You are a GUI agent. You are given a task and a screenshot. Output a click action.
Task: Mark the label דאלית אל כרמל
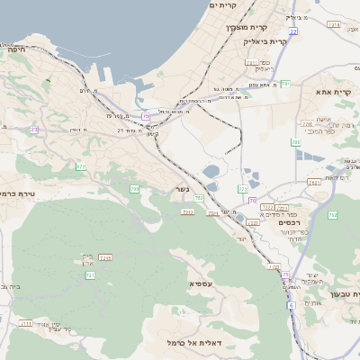click(x=193, y=342)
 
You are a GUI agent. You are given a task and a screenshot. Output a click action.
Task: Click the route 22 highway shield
click(x=293, y=31)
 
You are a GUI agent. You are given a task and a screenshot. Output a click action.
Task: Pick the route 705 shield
click(x=134, y=189)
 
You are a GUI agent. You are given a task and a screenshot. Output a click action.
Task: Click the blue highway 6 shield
click(x=292, y=305)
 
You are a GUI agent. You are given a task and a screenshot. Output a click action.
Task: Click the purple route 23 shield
click(x=34, y=130)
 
